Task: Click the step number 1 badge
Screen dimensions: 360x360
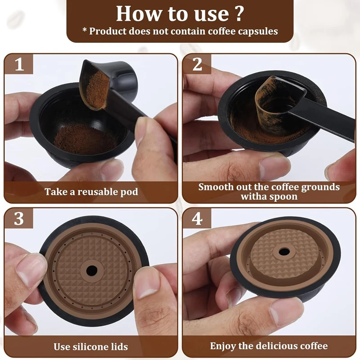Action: click(x=19, y=64)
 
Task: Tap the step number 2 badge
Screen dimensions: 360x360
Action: click(x=197, y=64)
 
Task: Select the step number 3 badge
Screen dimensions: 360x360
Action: click(x=19, y=219)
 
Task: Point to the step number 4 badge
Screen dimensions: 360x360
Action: click(x=197, y=219)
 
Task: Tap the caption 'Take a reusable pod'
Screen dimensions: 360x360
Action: click(x=91, y=192)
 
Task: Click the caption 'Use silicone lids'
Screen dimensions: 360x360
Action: click(x=91, y=346)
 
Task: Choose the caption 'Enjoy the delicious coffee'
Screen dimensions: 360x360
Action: click(x=269, y=346)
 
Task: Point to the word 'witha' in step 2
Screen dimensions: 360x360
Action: click(x=253, y=197)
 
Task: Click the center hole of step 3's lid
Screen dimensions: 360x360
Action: click(x=92, y=270)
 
